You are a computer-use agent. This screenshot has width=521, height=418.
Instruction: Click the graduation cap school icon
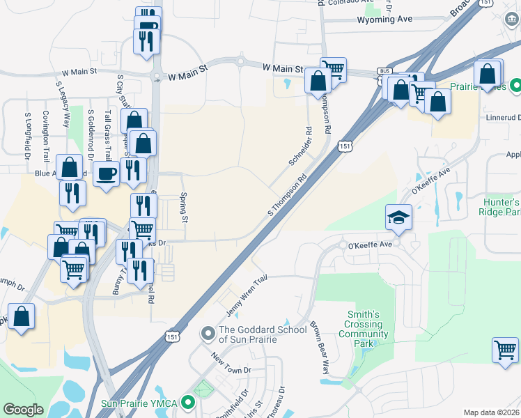(x=399, y=217)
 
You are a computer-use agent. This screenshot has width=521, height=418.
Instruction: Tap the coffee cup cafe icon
(x=106, y=173)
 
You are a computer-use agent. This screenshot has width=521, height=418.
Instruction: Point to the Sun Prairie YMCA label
(x=143, y=403)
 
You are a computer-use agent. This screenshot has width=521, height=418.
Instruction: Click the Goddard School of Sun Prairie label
(x=257, y=334)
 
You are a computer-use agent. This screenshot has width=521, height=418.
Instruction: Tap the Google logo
(x=23, y=410)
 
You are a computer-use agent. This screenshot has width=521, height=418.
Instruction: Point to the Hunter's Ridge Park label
(x=501, y=206)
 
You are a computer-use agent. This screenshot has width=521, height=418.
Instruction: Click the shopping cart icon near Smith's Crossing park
(x=505, y=349)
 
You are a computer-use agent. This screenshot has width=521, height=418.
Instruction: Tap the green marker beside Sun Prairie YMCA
(x=187, y=403)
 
